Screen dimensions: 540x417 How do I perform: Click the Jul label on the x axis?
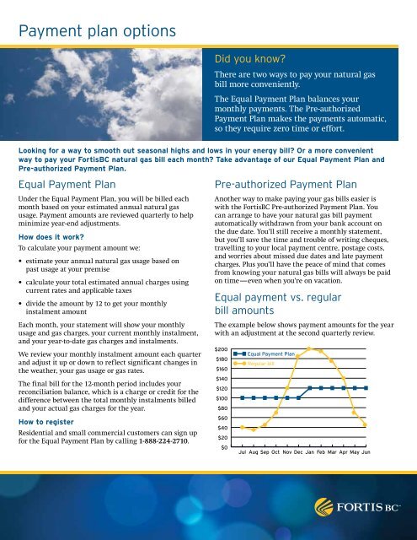243,453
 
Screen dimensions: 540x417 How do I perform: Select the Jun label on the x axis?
365,453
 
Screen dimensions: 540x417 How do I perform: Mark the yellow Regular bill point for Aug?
254,429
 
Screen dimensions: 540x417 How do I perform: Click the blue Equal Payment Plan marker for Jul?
243,397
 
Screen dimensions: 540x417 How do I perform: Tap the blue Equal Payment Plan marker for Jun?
366,388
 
